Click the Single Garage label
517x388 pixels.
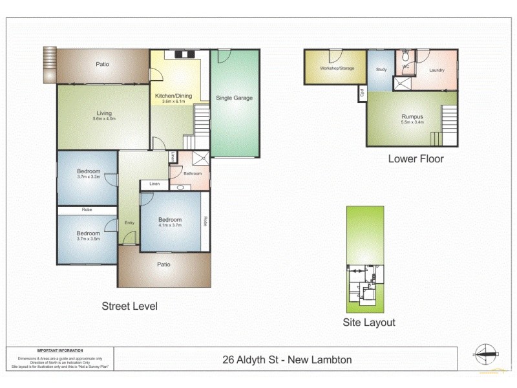pyautogui.click(x=234, y=98)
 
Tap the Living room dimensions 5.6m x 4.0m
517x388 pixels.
pyautogui.click(x=104, y=119)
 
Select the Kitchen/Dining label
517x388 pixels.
pyautogui.click(x=171, y=95)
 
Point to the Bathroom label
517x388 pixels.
pyautogui.click(x=193, y=173)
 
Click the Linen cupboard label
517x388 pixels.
pyautogui.click(x=154, y=184)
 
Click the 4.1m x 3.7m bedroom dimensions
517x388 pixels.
pyautogui.click(x=170, y=226)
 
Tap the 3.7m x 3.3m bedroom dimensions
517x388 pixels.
pyautogui.click(x=87, y=177)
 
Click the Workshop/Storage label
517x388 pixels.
pyautogui.click(x=337, y=68)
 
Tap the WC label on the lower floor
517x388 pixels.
pyautogui.click(x=406, y=67)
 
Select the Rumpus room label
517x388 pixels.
pyautogui.click(x=412, y=116)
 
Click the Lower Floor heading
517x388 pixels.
pyautogui.click(x=416, y=158)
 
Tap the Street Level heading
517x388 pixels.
pyautogui.click(x=129, y=306)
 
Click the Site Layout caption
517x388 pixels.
pyautogui.click(x=369, y=322)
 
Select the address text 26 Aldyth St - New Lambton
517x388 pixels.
pyautogui.click(x=287, y=360)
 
